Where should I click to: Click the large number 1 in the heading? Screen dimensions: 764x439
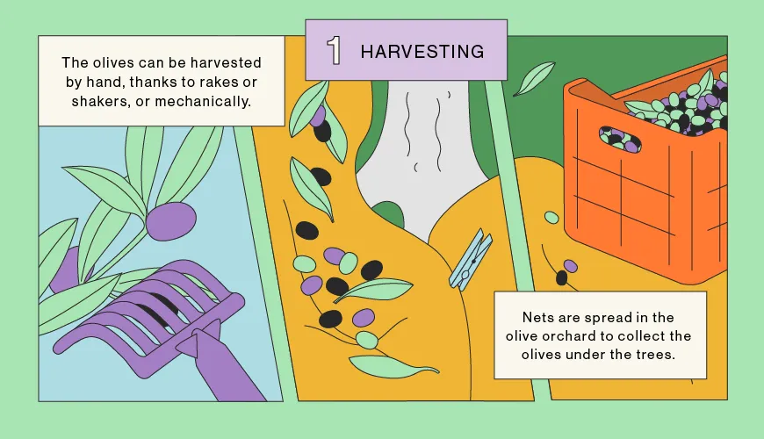click(x=334, y=51)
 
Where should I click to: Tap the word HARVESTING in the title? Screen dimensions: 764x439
click(x=422, y=52)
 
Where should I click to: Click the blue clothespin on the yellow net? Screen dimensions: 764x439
click(x=470, y=259)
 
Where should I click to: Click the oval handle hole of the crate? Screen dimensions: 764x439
click(x=619, y=140)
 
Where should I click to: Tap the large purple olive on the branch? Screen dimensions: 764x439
click(x=170, y=221)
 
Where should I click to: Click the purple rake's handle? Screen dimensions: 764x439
click(x=221, y=365)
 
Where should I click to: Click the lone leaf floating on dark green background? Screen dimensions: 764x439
click(x=534, y=78)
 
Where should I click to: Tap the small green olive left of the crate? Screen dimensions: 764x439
click(x=551, y=218)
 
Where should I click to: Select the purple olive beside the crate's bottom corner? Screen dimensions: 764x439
click(x=571, y=266)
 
